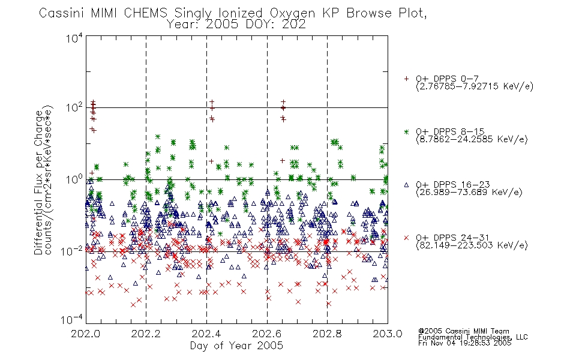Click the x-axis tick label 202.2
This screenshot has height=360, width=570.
click(146, 334)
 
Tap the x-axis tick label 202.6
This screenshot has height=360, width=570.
click(267, 334)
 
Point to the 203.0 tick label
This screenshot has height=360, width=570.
click(388, 334)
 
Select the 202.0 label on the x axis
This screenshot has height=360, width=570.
click(85, 334)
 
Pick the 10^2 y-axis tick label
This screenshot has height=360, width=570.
click(74, 108)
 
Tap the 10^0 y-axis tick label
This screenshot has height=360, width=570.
click(74, 179)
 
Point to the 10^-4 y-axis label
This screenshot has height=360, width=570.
click(72, 319)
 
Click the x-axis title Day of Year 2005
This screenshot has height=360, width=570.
click(236, 346)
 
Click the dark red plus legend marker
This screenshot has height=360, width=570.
click(406, 79)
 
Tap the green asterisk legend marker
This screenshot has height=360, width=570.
click(406, 131)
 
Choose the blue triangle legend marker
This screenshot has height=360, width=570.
click(406, 185)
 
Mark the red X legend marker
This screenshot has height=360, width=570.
click(406, 238)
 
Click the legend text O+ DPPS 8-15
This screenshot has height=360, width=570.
click(450, 131)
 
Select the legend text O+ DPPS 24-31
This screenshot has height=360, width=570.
click(452, 238)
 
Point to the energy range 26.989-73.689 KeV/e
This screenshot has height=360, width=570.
click(469, 193)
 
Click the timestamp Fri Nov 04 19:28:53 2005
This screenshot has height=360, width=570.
click(464, 343)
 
